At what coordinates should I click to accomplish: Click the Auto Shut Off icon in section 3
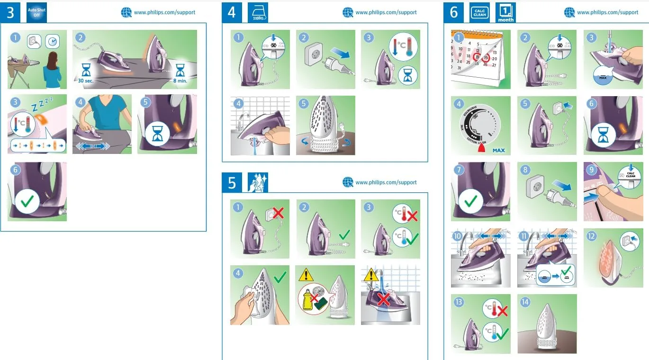(36, 13)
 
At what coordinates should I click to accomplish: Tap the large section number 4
(232, 13)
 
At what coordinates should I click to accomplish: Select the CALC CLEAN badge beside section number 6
(479, 13)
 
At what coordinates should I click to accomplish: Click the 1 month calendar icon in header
(505, 13)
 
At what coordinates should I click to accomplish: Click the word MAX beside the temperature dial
(498, 151)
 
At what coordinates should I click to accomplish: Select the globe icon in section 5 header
(348, 182)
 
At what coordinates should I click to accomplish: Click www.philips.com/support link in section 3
(164, 13)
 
